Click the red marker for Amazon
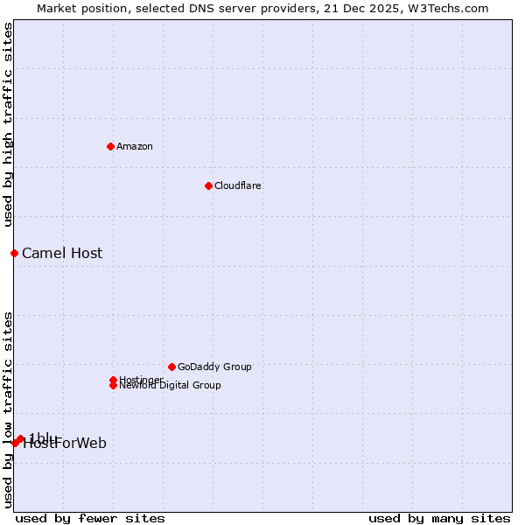[x=110, y=146]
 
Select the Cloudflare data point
[x=208, y=185]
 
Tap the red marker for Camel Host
[x=14, y=253]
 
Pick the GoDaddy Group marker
[x=171, y=367]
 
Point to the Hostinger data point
[x=113, y=380]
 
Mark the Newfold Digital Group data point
[x=113, y=386]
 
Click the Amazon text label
[x=134, y=146]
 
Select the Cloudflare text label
[x=237, y=185]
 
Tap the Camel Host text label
[x=62, y=254]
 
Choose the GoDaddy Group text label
[x=214, y=367]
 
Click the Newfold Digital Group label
[x=170, y=386]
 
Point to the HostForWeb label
[x=66, y=444]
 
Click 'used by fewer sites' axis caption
[x=90, y=519]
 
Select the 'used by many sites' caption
[x=439, y=519]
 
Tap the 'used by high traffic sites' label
[x=8, y=124]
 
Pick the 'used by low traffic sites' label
[x=8, y=409]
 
